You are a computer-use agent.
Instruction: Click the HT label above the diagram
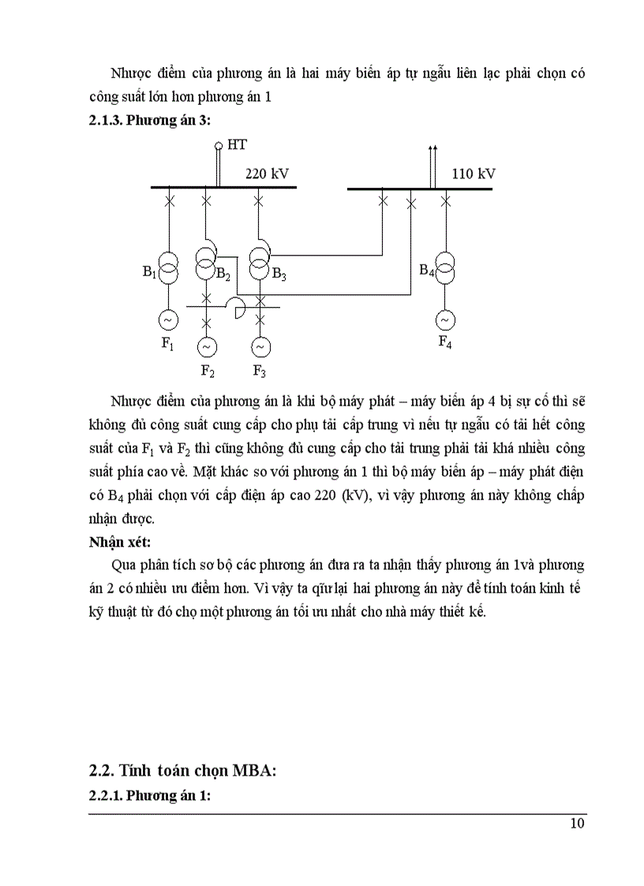236,145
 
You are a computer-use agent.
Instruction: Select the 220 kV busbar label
268,174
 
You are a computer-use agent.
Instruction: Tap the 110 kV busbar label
474,174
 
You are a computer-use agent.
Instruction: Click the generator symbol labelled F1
169,320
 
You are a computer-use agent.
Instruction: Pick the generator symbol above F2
207,346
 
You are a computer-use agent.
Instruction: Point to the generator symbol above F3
259,346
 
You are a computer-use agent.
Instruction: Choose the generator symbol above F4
445,320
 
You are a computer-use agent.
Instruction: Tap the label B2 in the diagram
223,275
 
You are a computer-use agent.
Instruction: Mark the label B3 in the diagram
279,275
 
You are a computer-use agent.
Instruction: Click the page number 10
577,824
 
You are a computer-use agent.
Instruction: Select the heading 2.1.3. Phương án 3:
149,121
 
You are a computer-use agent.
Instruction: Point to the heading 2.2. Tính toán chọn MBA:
182,772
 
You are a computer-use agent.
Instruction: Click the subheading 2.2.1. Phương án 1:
149,796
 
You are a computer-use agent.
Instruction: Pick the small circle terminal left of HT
219,146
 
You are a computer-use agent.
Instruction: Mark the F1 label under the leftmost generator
168,343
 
